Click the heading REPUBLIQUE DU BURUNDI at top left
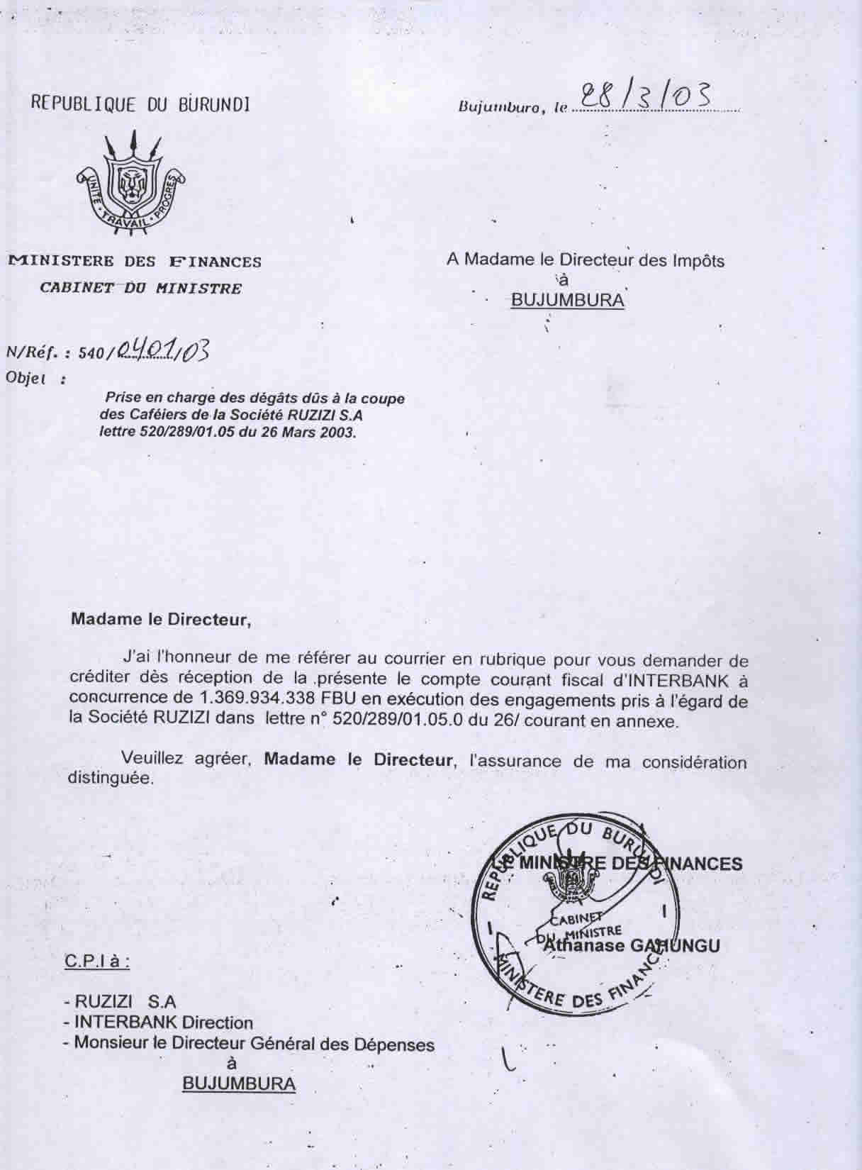(140, 104)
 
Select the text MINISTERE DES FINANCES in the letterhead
(135, 262)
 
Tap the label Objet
(27, 378)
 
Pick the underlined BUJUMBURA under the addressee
(567, 300)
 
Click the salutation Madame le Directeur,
(161, 619)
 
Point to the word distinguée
(110, 777)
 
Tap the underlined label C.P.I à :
(96, 962)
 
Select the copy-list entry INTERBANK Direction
(163, 1023)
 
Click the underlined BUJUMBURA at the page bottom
(239, 1083)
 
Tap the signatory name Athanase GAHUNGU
(630, 945)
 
